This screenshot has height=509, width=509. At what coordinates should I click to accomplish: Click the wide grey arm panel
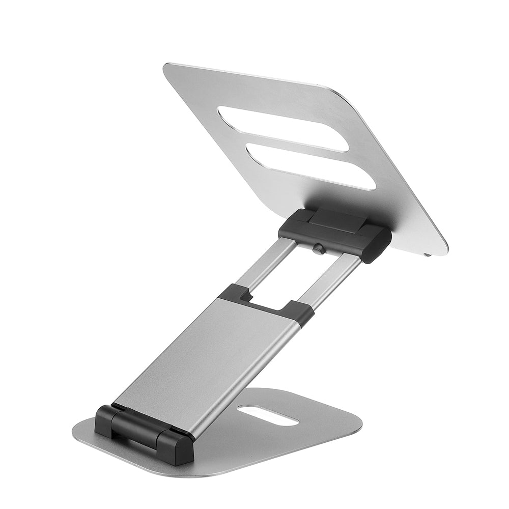204,356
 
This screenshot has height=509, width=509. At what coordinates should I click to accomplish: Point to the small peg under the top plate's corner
428,252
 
